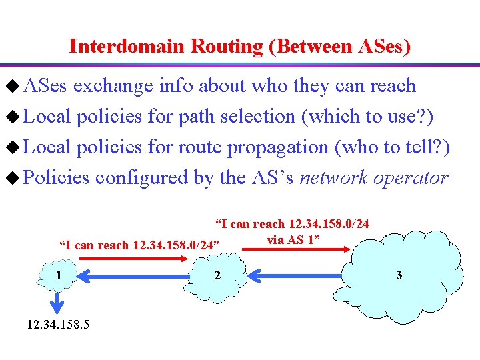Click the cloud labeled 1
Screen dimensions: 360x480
point(59,275)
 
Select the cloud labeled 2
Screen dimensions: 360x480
point(217,275)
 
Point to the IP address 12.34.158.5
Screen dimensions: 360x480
point(58,325)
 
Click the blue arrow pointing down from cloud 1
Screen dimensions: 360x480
point(59,301)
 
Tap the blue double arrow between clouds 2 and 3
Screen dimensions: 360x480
point(294,275)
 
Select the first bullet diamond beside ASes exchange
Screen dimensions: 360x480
point(11,86)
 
